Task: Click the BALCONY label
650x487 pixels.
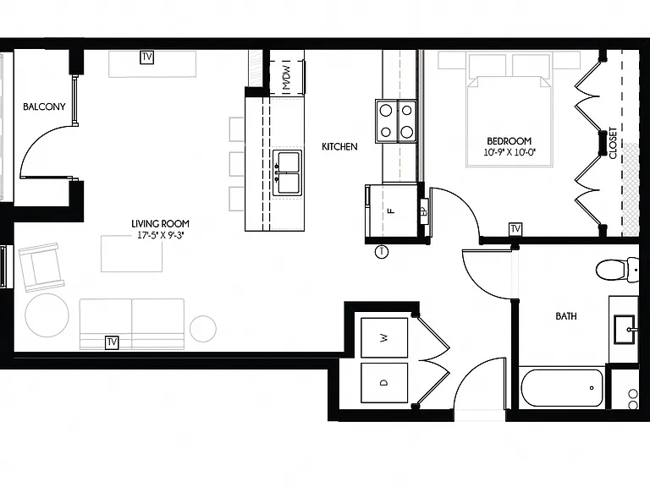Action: click(44, 107)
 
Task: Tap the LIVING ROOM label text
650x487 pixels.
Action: click(161, 224)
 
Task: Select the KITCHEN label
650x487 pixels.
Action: click(339, 146)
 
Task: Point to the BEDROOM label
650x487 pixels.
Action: click(509, 141)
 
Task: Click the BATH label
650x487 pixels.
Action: click(566, 316)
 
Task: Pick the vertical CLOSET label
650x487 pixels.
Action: click(613, 143)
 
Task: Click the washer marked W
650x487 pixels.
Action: click(384, 338)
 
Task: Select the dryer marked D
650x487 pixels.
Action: click(384, 383)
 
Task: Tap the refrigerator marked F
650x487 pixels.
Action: click(392, 211)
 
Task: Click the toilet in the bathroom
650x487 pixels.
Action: click(617, 270)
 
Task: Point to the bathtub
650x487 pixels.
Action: click(562, 388)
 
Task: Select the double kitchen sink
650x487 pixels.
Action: click(287, 173)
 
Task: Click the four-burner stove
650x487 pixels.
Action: click(396, 122)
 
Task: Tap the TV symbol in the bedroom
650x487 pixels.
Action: click(515, 229)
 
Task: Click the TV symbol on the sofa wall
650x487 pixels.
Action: click(112, 342)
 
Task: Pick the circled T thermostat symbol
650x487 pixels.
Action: click(382, 252)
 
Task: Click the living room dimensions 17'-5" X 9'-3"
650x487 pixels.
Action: click(161, 236)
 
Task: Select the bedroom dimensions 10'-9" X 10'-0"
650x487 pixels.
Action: click(510, 152)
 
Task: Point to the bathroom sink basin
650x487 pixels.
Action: click(625, 330)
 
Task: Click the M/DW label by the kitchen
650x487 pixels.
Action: click(286, 77)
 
